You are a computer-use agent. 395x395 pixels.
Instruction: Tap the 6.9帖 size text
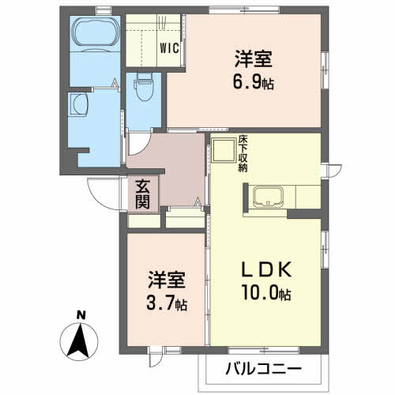pyautogui.click(x=254, y=82)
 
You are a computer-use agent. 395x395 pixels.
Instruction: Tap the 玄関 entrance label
pyautogui.click(x=143, y=194)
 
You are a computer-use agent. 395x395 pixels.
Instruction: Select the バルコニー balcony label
pyautogui.click(x=262, y=369)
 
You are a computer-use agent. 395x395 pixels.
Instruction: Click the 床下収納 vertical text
pyautogui.click(x=243, y=155)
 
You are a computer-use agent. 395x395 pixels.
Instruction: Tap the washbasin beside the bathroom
pyautogui.click(x=81, y=104)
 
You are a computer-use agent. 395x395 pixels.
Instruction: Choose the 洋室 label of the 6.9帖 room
pyautogui.click(x=254, y=59)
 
